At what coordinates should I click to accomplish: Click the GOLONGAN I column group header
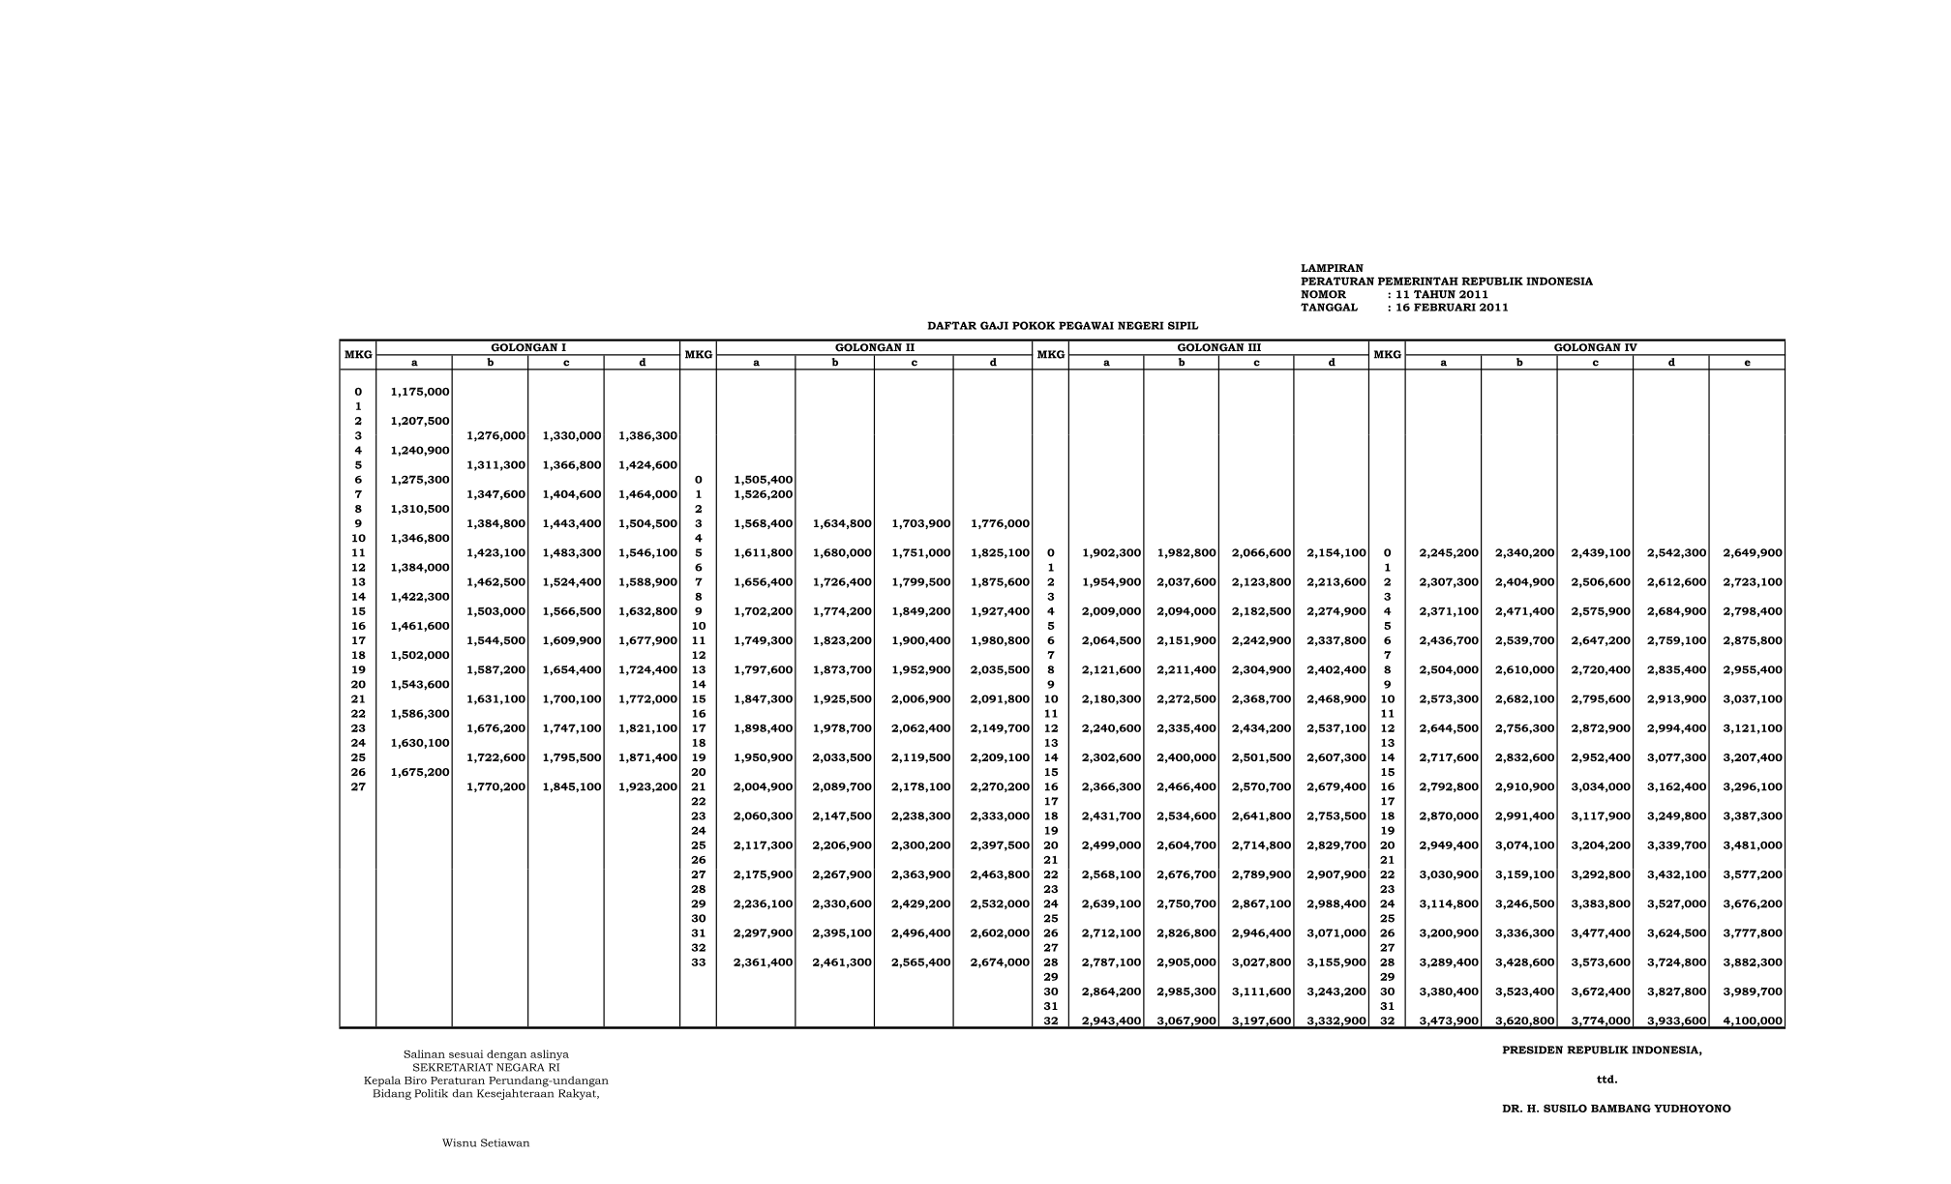pos(528,347)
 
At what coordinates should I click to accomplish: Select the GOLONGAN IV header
pos(1595,347)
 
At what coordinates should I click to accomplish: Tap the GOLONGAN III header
pos(1218,347)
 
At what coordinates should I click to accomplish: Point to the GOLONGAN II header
pos(875,347)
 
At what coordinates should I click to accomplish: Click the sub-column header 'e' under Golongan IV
pos(1747,363)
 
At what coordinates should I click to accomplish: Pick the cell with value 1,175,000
pos(420,392)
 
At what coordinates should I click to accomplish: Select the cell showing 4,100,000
pos(1753,1021)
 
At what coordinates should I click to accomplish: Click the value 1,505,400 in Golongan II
pos(764,480)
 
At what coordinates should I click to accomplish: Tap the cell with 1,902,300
pos(1112,553)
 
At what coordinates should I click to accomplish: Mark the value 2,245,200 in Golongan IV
pos(1449,553)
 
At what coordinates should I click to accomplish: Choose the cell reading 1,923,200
pos(647,787)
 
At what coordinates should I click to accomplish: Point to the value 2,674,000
pos(1000,962)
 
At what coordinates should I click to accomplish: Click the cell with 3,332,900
pos(1336,1021)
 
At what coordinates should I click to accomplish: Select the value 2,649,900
pos(1753,553)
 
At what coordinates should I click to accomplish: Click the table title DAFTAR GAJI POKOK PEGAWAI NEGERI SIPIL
pos(1063,326)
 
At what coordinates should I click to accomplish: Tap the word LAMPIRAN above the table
pos(1332,268)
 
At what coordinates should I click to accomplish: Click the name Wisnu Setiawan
pos(486,1143)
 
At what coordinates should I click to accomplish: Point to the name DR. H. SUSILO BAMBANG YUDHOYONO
pos(1616,1109)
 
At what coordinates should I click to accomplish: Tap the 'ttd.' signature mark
pos(1606,1080)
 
